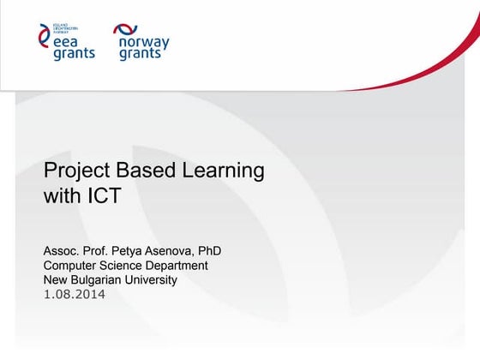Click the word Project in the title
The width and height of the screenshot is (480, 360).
coord(77,171)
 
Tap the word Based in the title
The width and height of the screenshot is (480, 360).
coord(149,170)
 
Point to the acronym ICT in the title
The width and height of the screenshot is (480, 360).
coord(105,196)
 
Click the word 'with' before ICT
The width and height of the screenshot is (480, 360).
coord(61,196)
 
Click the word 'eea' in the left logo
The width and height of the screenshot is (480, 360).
coord(67,41)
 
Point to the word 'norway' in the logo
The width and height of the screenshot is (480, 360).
coord(142,42)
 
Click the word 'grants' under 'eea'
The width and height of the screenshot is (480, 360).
coord(74,54)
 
